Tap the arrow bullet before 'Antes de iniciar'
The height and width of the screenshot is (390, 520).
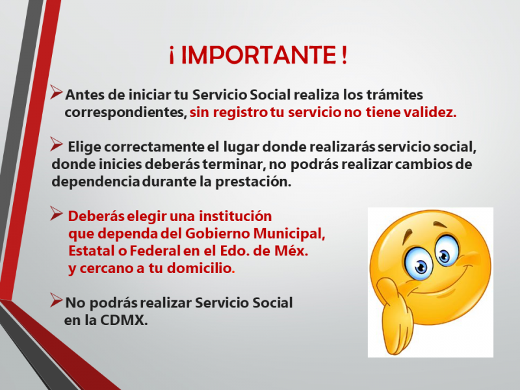coord(57,92)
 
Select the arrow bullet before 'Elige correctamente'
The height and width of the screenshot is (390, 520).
coord(57,144)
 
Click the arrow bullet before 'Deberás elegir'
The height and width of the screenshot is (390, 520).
coord(57,214)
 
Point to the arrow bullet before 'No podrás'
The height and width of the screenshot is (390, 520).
coord(57,300)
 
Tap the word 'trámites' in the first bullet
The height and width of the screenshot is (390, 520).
coord(395,95)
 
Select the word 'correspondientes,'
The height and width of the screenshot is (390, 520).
coord(125,113)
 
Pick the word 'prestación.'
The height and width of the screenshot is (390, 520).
coord(253,182)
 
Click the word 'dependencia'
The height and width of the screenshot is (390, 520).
coord(96,182)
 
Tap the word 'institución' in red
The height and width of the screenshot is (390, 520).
coord(235,216)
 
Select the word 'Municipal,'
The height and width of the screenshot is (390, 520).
coord(289,234)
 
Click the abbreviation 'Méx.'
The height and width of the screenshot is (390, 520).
coord(291,251)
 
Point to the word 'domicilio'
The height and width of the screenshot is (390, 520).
coord(199,268)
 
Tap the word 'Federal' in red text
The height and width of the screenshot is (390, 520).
coord(155,251)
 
